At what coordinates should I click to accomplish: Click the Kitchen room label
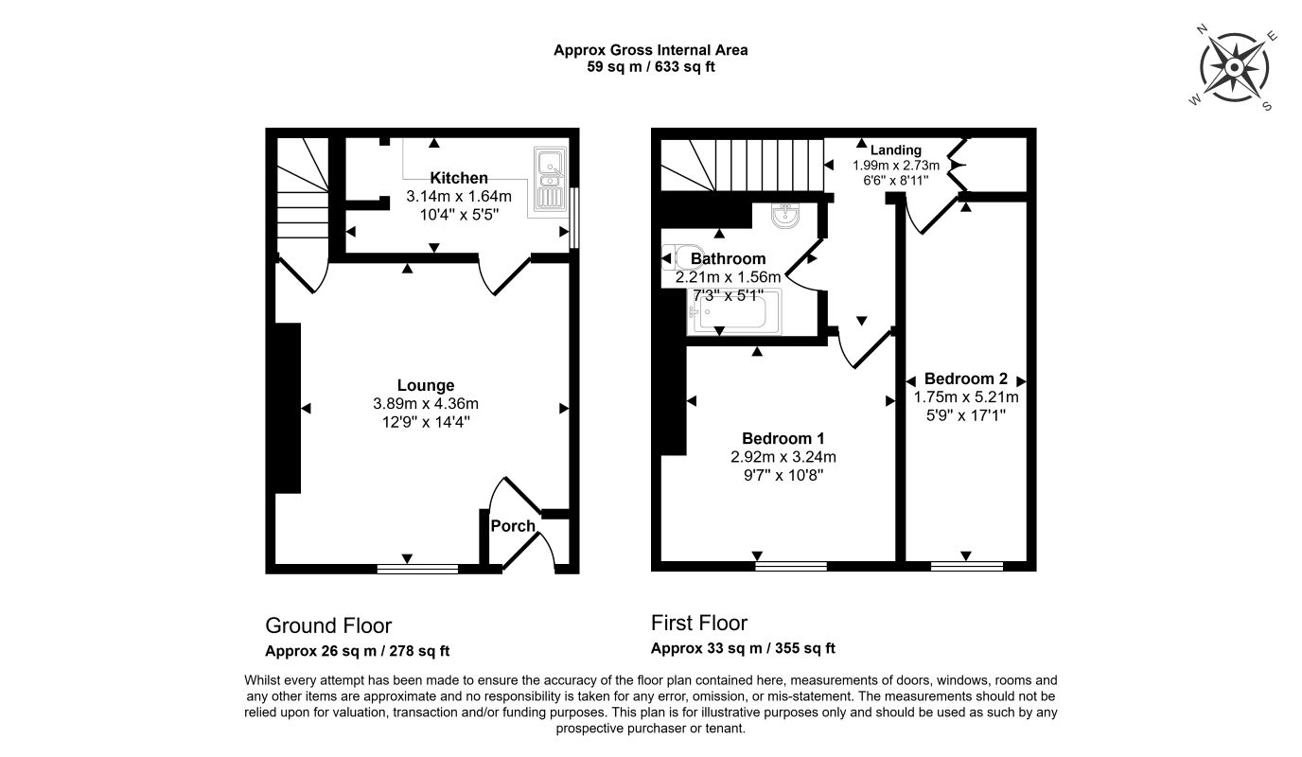point(459,178)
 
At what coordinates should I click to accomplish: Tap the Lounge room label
point(426,385)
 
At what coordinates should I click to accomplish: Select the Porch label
point(513,526)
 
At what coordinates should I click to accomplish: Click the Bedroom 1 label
point(783,438)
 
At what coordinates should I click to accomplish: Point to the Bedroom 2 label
point(965,379)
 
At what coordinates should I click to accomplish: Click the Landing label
point(896,150)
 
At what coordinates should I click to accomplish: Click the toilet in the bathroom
point(676,257)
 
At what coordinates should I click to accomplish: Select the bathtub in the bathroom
point(734,311)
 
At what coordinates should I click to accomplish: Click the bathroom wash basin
point(785,214)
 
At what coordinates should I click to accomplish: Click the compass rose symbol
point(1234,67)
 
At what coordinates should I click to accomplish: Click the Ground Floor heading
point(328,625)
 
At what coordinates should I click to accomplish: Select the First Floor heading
point(698,624)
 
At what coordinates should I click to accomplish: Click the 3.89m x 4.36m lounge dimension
point(426,403)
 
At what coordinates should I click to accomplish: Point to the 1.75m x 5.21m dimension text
point(966,397)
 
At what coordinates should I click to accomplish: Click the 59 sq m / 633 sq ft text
point(650,67)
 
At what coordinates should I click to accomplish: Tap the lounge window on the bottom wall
point(417,569)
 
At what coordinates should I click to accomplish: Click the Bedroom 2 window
point(967,566)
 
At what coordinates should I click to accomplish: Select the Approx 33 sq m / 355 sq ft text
point(743,648)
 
